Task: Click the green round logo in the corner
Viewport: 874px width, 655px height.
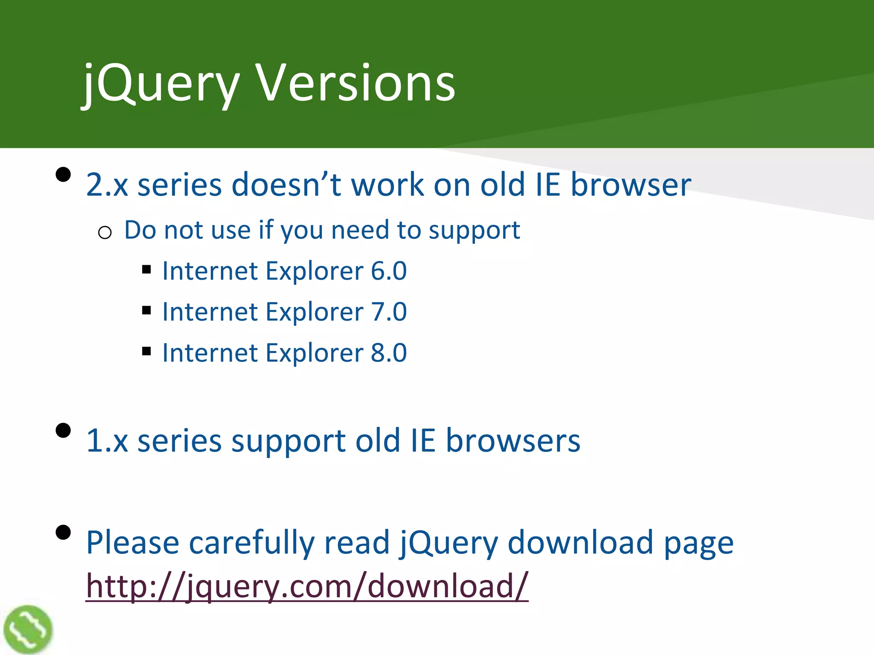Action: click(x=28, y=629)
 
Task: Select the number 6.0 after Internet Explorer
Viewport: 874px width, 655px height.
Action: click(x=389, y=271)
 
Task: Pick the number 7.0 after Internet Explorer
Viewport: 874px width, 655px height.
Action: click(x=389, y=312)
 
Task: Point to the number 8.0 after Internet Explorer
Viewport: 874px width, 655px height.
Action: click(x=389, y=353)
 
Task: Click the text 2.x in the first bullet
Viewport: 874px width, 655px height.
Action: click(x=107, y=185)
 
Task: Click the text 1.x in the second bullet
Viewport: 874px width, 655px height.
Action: click(x=107, y=441)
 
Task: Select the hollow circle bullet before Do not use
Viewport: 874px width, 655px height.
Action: click(x=105, y=233)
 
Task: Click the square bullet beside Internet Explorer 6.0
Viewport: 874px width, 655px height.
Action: click(x=147, y=270)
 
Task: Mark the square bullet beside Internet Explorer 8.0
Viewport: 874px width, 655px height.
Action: click(x=147, y=351)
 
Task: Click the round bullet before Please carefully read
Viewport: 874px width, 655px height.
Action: click(x=63, y=533)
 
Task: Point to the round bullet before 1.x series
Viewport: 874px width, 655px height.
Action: click(x=63, y=430)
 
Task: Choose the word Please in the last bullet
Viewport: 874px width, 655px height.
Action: click(x=132, y=542)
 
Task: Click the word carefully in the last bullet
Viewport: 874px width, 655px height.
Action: click(x=251, y=542)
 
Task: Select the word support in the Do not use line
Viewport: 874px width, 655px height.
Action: click(x=474, y=231)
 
